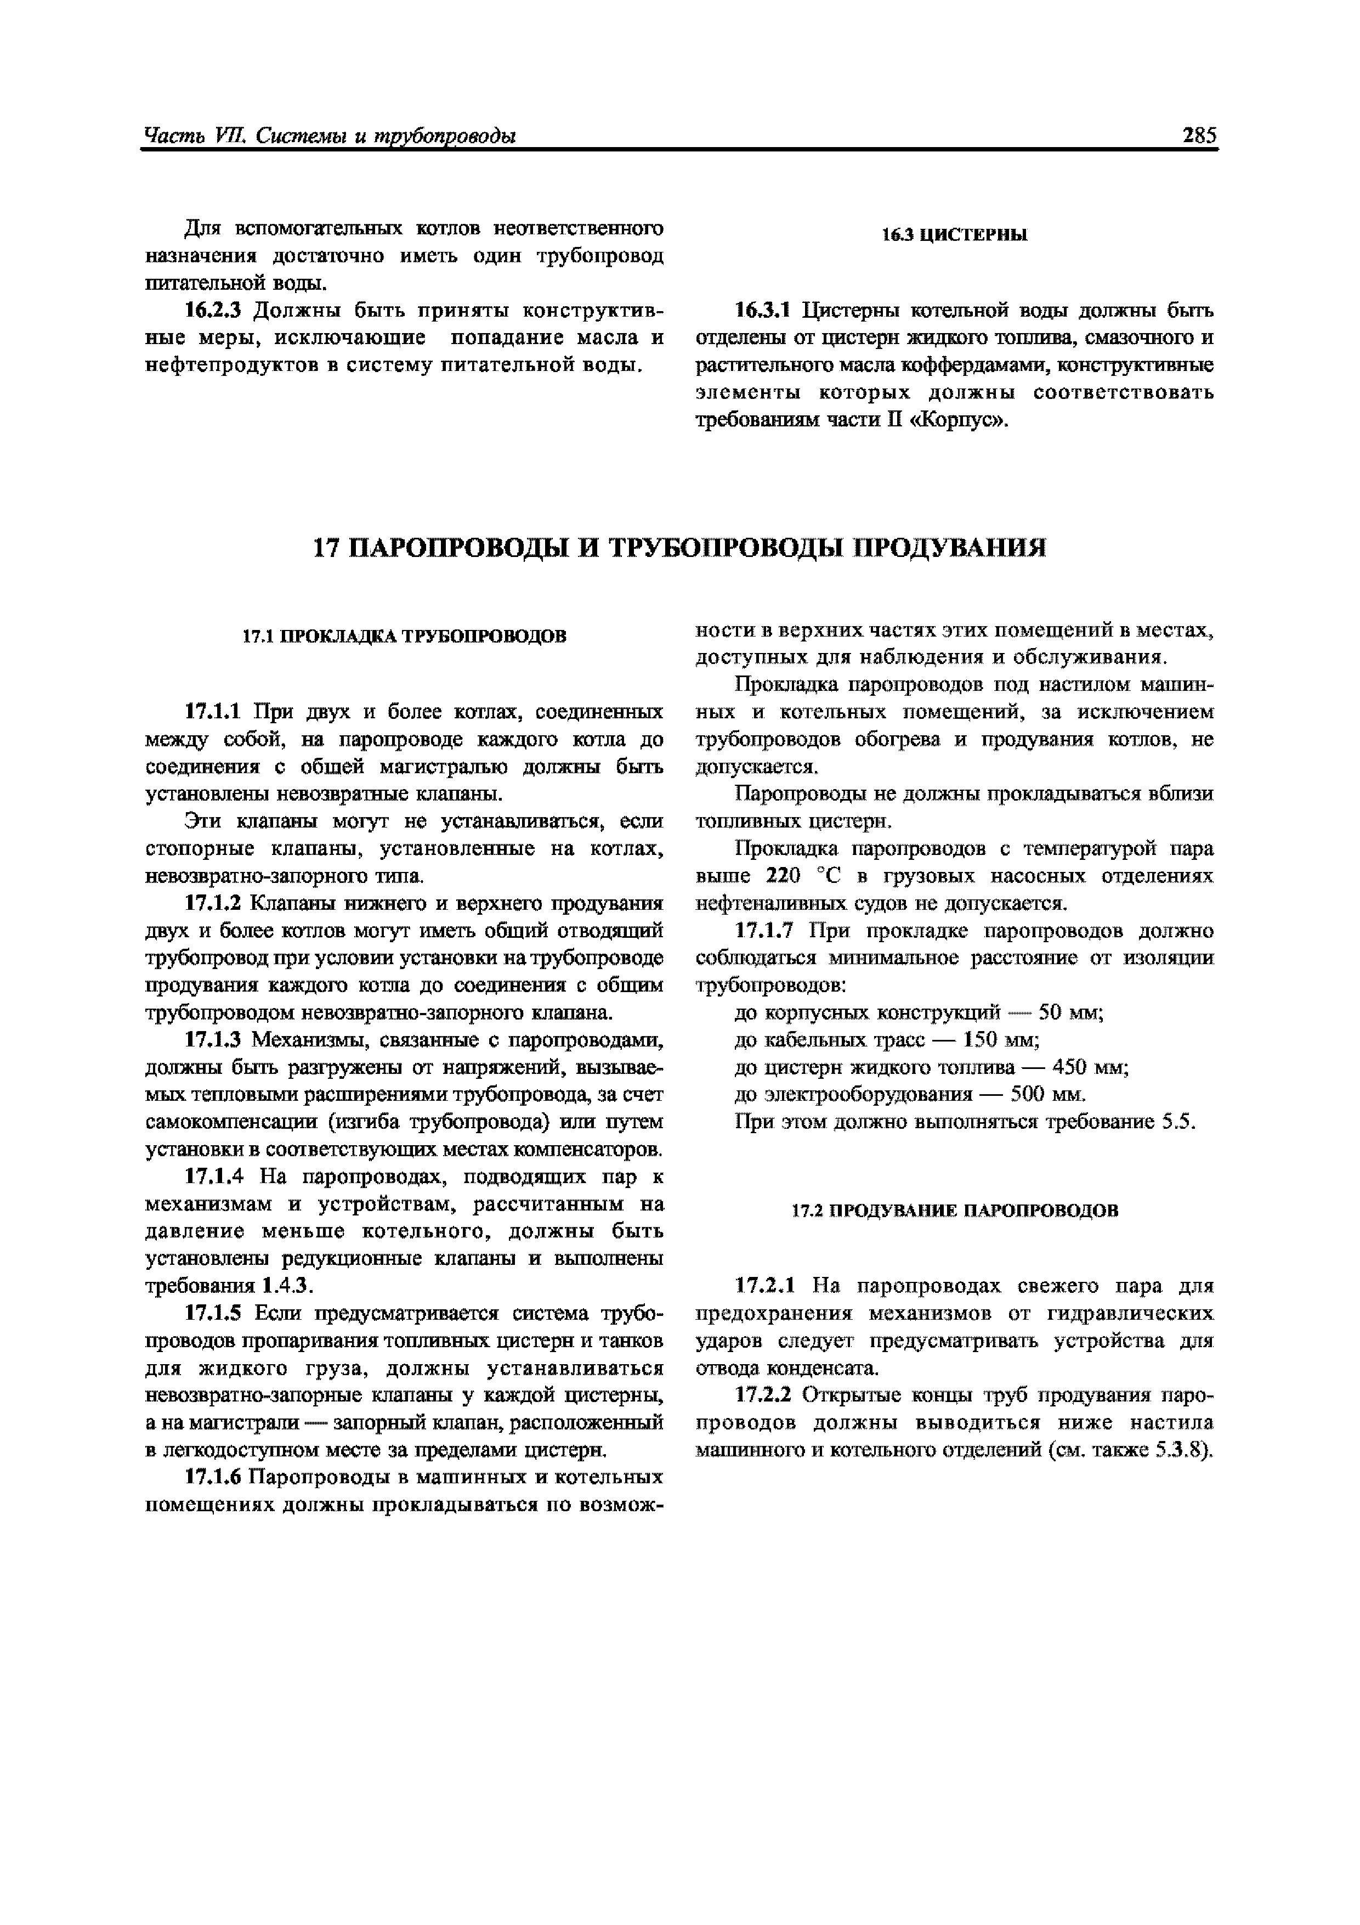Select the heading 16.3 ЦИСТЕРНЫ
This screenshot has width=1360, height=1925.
(x=954, y=235)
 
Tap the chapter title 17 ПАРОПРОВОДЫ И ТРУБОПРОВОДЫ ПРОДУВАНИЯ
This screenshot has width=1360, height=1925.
(x=679, y=548)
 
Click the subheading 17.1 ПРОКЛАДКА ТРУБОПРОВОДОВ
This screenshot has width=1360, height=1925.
(x=404, y=637)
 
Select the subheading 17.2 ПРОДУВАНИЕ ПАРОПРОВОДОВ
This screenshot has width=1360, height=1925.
(x=954, y=1211)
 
